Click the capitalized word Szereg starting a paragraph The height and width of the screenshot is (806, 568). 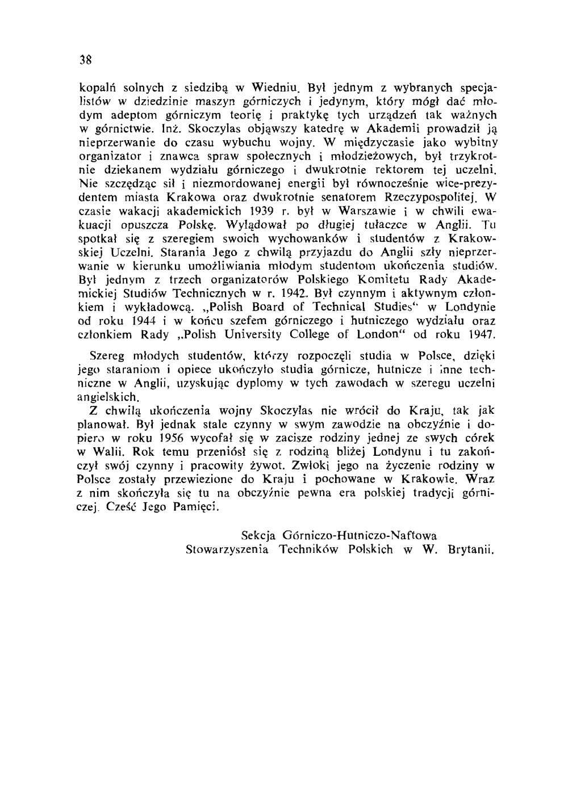[x=106, y=356]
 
